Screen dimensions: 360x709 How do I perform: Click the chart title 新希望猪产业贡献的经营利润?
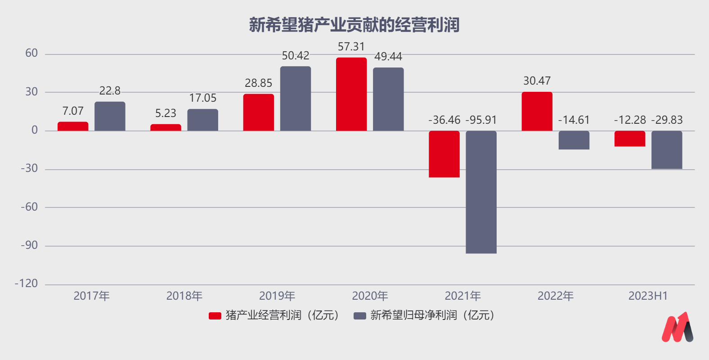354,25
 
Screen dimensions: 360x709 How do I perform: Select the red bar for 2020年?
351,94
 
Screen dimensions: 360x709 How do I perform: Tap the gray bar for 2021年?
481,192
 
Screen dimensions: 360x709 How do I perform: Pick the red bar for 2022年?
537,112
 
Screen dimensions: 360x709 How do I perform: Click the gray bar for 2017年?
110,117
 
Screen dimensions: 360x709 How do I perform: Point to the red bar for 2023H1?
629,139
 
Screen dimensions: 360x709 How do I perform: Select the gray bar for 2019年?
295,99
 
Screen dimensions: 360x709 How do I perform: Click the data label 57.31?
351,47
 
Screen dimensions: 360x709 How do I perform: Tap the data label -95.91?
481,120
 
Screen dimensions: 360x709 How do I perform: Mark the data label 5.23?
166,113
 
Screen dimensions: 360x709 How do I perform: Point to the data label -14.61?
574,120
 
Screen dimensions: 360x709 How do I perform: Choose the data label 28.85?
258,83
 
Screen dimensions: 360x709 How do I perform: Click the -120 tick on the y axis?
27,283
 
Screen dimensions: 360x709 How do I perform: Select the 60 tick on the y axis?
31,53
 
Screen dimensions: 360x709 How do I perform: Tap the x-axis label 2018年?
184,296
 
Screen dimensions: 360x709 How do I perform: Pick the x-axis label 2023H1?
648,296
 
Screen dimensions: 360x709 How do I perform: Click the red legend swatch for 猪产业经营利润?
215,315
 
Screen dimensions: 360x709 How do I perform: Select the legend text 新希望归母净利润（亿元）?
433,315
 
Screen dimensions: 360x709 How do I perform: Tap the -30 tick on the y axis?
29,168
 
